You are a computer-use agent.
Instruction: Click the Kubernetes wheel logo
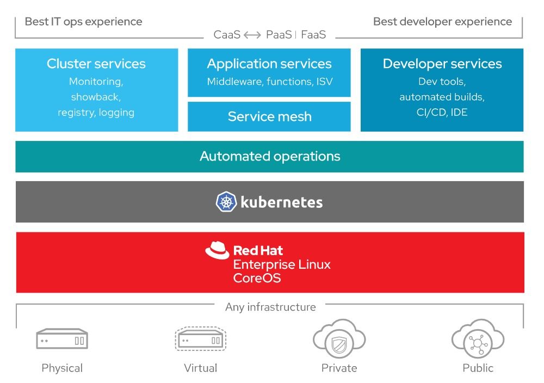pyautogui.click(x=226, y=201)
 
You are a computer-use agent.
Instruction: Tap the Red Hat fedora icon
pyautogui.click(x=217, y=250)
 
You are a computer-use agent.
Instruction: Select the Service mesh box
pyautogui.click(x=269, y=116)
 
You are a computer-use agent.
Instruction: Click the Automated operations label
pyautogui.click(x=270, y=156)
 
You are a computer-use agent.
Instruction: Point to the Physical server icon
pyautogui.click(x=62, y=338)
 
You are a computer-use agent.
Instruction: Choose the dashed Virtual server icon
pyautogui.click(x=201, y=338)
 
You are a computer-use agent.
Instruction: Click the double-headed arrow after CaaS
pyautogui.click(x=252, y=35)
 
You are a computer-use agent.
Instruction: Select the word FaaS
pyautogui.click(x=313, y=35)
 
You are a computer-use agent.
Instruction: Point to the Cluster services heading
pyautogui.click(x=96, y=64)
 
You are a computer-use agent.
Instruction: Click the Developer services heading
pyautogui.click(x=442, y=64)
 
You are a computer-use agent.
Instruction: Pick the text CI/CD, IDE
pyautogui.click(x=442, y=112)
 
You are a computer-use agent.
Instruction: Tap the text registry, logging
pyautogui.click(x=96, y=113)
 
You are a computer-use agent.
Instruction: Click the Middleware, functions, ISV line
pyautogui.click(x=270, y=82)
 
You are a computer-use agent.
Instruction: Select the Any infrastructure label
pyautogui.click(x=270, y=307)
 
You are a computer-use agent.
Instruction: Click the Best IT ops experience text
pyautogui.click(x=84, y=22)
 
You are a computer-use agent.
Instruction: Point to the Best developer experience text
pyautogui.click(x=443, y=22)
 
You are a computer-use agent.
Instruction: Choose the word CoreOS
pyautogui.click(x=257, y=278)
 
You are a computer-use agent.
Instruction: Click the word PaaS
pyautogui.click(x=279, y=35)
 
